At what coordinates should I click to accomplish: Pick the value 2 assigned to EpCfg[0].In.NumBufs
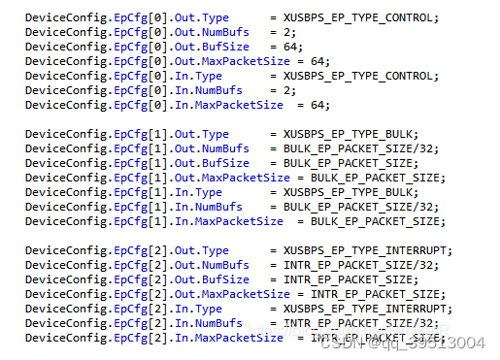tap(289, 89)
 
